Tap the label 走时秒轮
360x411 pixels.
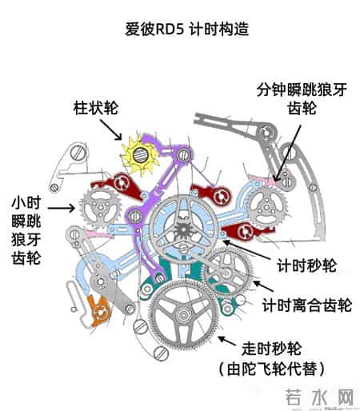270,349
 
